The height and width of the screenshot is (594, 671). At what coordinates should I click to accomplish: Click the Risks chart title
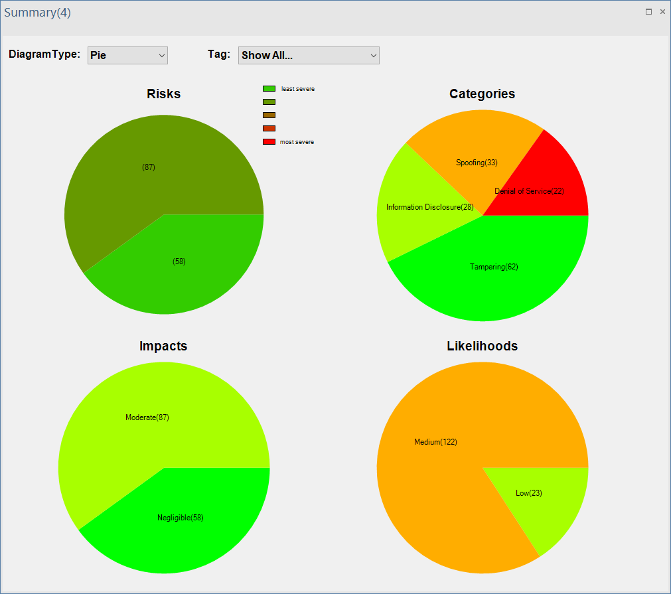coord(163,94)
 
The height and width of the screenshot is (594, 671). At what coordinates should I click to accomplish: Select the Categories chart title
coord(482,94)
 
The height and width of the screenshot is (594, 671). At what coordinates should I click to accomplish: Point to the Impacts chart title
coord(163,346)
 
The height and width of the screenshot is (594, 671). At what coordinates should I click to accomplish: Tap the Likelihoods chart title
coord(482,346)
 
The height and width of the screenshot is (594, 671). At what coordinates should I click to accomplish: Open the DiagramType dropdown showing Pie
coord(127,55)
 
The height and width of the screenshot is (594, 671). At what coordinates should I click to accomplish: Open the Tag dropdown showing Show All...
coord(309,55)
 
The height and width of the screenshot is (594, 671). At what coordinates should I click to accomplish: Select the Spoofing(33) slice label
coord(477,163)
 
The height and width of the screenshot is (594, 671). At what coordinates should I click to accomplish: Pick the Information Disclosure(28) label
coord(429,207)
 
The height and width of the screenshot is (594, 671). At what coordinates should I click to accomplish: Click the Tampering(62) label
coord(494,267)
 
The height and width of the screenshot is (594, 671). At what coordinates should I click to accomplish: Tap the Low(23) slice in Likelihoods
coord(529,493)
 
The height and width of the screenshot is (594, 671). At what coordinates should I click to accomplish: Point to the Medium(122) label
coord(435,442)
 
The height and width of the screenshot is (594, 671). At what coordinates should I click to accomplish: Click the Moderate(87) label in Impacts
coord(147,417)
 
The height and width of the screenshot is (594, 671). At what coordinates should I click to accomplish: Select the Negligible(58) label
coord(181,518)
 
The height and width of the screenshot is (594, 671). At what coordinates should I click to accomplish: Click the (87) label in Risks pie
coord(149,167)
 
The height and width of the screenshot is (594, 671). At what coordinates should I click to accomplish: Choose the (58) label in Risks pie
coord(179,261)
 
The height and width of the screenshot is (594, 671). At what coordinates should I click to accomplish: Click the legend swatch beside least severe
coord(269,88)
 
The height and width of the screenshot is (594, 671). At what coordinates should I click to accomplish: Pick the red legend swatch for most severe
coord(269,141)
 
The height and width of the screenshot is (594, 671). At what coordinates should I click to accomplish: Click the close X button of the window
coord(662,11)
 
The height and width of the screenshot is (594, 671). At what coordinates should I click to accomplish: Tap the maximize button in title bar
coord(648,11)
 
